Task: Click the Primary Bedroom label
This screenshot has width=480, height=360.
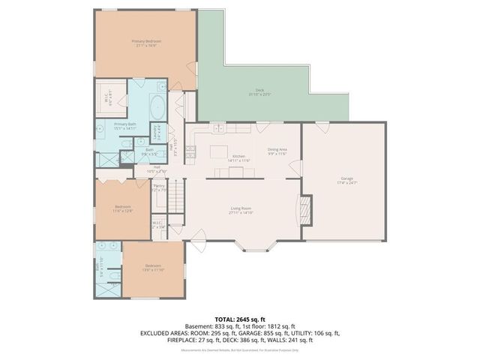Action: tap(146, 41)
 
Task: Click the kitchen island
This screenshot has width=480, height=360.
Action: tap(218, 153)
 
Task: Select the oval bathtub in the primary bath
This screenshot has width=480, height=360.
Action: tap(157, 108)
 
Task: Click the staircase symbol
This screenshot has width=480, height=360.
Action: tap(175, 197)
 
